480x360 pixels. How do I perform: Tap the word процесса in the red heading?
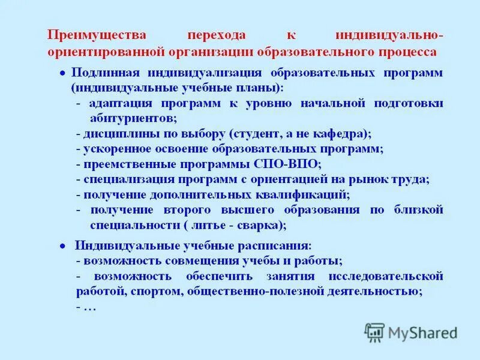point(406,52)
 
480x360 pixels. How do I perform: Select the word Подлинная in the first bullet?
point(105,73)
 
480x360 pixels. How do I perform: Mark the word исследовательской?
point(386,277)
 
